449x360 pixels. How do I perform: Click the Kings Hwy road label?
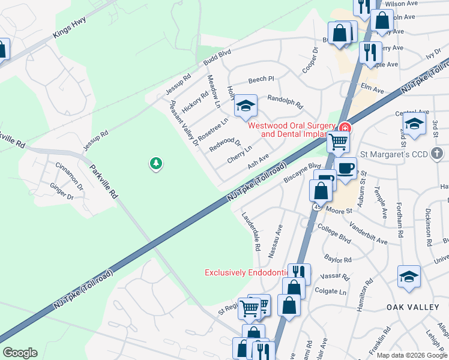pos(70,28)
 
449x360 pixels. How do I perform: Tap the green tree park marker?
pos(156,163)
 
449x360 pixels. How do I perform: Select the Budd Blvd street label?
pos(217,58)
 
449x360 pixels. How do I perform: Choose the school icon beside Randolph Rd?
pos(245,106)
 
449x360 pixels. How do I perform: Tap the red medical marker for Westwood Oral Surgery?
pos(345,127)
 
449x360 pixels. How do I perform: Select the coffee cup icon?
pos(345,168)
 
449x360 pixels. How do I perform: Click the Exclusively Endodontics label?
pos(248,272)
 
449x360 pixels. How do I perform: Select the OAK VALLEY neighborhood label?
pos(413,307)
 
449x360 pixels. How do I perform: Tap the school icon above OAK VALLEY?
pos(409,277)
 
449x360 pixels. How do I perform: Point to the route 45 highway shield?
pos(315,207)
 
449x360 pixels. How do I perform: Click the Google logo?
pos(20,353)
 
